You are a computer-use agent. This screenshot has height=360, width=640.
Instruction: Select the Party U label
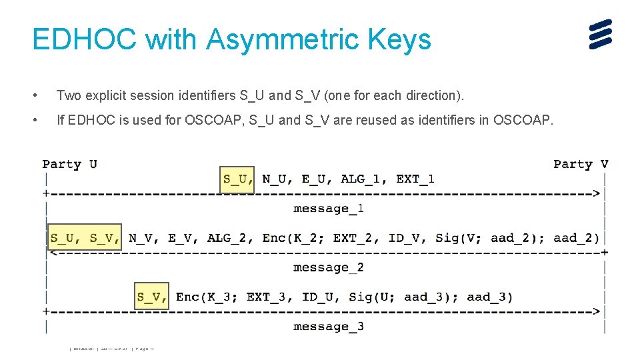[x=69, y=164]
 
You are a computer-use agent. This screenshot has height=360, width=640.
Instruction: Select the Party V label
[x=581, y=164]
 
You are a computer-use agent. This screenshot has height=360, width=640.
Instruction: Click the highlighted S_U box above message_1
[x=237, y=179]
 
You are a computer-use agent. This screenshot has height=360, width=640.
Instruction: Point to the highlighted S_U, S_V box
[x=85, y=238]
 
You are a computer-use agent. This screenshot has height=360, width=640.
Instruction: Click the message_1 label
[x=329, y=209]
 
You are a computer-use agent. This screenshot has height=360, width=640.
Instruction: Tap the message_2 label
[x=329, y=267]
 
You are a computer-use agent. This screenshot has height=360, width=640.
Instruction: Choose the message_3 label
[x=329, y=326]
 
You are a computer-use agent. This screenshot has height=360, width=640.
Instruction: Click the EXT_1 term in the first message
[x=415, y=179]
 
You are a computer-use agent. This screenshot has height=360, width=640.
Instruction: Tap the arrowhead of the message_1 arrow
[x=597, y=194]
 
